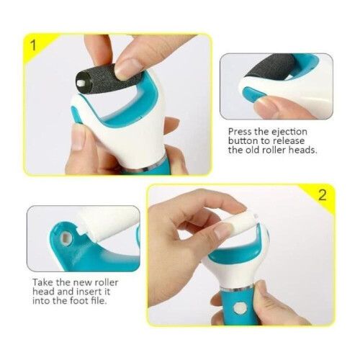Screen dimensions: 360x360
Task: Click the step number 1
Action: (x=33, y=45)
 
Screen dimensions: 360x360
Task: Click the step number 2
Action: (x=323, y=195)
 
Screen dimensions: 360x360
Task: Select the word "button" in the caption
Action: (x=243, y=141)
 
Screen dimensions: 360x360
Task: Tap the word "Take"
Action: (x=42, y=282)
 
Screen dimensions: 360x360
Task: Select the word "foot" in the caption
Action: (x=78, y=301)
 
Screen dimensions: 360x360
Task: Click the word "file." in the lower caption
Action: (x=98, y=301)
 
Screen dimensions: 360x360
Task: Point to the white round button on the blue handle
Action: (x=239, y=308)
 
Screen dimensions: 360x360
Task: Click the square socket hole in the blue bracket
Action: (x=66, y=238)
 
